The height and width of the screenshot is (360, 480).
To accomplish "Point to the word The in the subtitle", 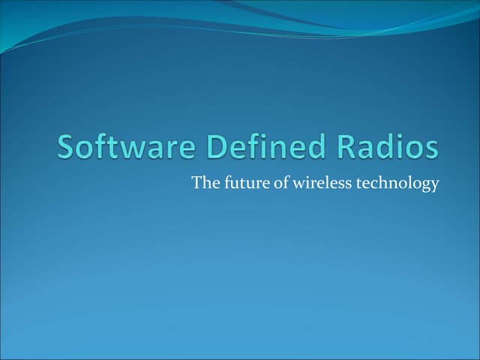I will (204, 182).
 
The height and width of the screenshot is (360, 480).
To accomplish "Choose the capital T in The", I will (196, 182).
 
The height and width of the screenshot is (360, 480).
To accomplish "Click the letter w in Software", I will (126, 149).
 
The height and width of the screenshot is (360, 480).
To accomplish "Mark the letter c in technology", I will (375, 184).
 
